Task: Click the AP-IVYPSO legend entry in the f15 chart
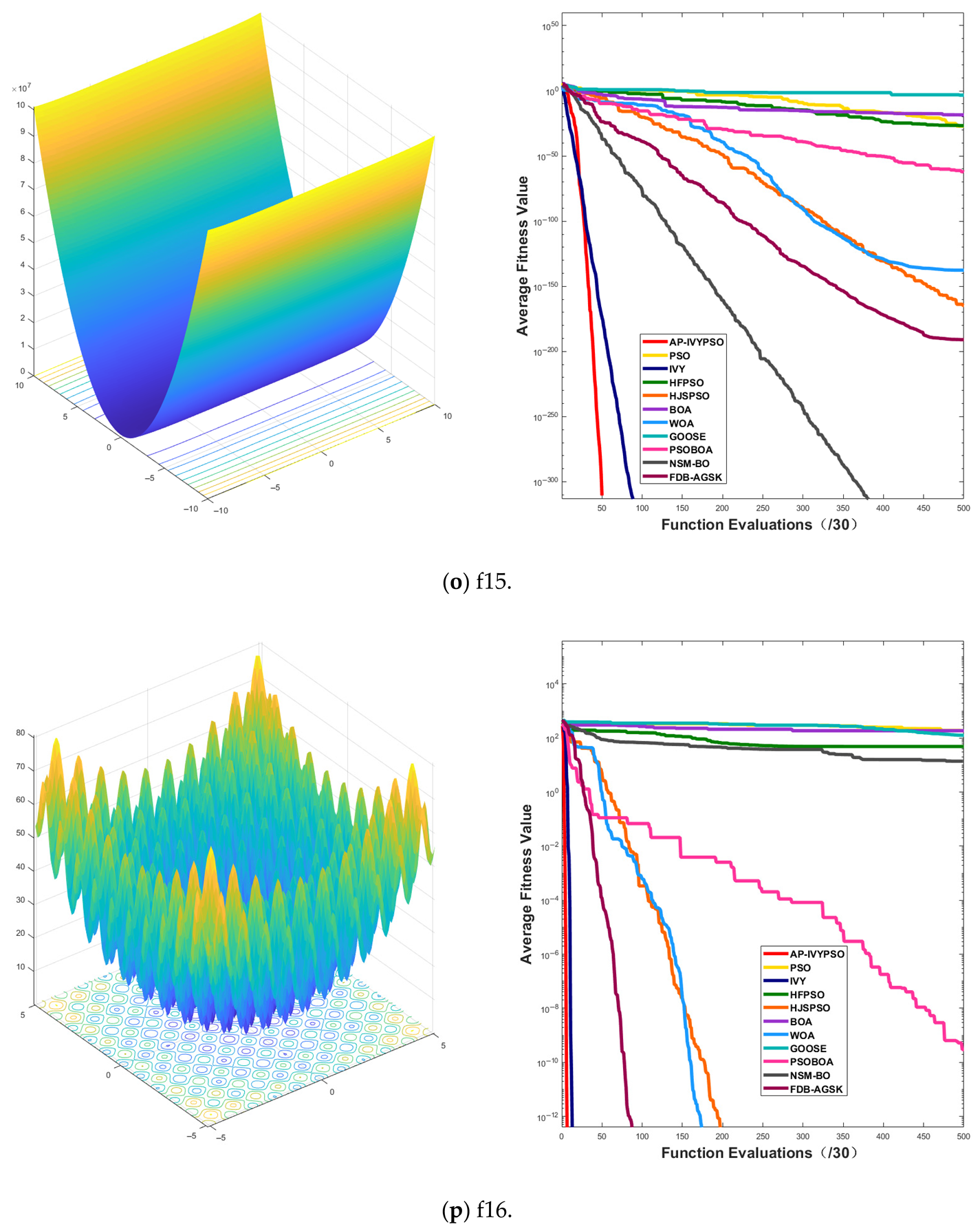(x=695, y=342)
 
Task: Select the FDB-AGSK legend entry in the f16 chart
(x=816, y=1089)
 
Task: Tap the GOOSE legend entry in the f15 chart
(x=687, y=436)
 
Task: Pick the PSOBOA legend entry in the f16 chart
(x=811, y=1062)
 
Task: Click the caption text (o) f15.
(x=477, y=582)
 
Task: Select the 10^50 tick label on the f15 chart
(x=549, y=26)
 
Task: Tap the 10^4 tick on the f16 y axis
(x=552, y=685)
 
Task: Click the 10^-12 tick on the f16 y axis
(x=548, y=1117)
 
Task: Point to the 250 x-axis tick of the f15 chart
(x=763, y=508)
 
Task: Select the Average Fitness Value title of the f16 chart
(x=526, y=884)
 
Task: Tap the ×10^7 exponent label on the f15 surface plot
(x=21, y=88)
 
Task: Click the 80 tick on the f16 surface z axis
(x=21, y=733)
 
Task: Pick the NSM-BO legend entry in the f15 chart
(x=688, y=464)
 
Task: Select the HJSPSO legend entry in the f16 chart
(x=809, y=1007)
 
